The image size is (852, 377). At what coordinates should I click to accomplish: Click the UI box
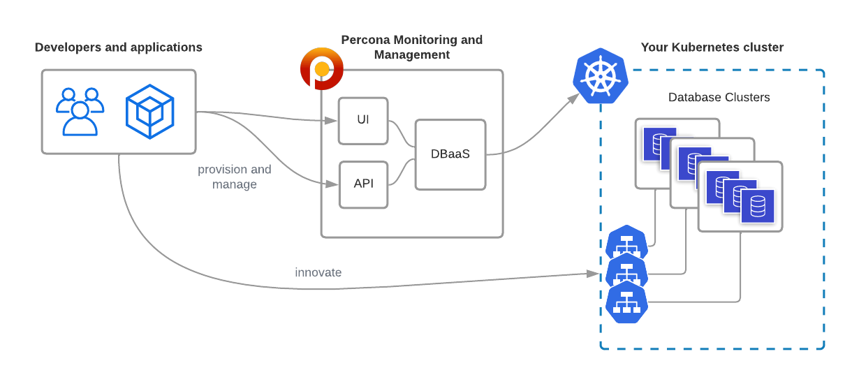click(362, 121)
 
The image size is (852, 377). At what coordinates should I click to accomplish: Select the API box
click(363, 184)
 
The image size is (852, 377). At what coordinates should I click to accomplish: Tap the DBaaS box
click(450, 154)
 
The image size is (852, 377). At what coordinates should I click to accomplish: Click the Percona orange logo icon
click(321, 69)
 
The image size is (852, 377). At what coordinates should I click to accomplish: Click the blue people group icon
click(80, 112)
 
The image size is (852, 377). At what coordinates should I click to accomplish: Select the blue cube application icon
click(149, 112)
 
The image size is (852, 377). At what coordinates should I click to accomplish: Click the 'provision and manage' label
click(235, 177)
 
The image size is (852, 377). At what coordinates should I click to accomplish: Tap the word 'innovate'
click(318, 272)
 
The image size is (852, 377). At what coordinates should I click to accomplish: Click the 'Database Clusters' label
click(719, 98)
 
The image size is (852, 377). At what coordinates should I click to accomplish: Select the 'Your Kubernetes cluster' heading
click(712, 47)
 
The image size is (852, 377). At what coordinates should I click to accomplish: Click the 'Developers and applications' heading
click(119, 47)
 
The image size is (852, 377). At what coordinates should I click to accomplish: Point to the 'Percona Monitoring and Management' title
click(411, 47)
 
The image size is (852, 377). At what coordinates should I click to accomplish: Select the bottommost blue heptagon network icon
click(626, 302)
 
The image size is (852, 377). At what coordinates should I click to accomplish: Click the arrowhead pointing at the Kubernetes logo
click(573, 98)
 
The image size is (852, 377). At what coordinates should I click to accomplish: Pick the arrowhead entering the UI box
click(332, 121)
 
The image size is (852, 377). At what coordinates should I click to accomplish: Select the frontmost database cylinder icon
click(757, 207)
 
